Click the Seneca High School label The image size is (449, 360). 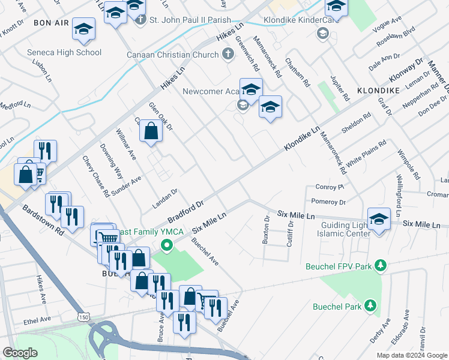click(x=64, y=52)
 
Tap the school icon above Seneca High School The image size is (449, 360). click(x=84, y=29)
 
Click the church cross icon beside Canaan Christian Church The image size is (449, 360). click(x=227, y=55)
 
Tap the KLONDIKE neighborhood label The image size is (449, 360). click(x=378, y=90)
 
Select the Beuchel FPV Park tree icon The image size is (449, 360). click(x=379, y=265)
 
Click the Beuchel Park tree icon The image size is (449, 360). click(x=371, y=306)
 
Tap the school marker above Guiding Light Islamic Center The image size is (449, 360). click(x=379, y=219)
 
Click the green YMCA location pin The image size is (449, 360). click(x=167, y=245)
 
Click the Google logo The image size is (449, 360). click(x=20, y=352)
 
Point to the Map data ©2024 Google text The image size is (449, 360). click(x=411, y=355)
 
